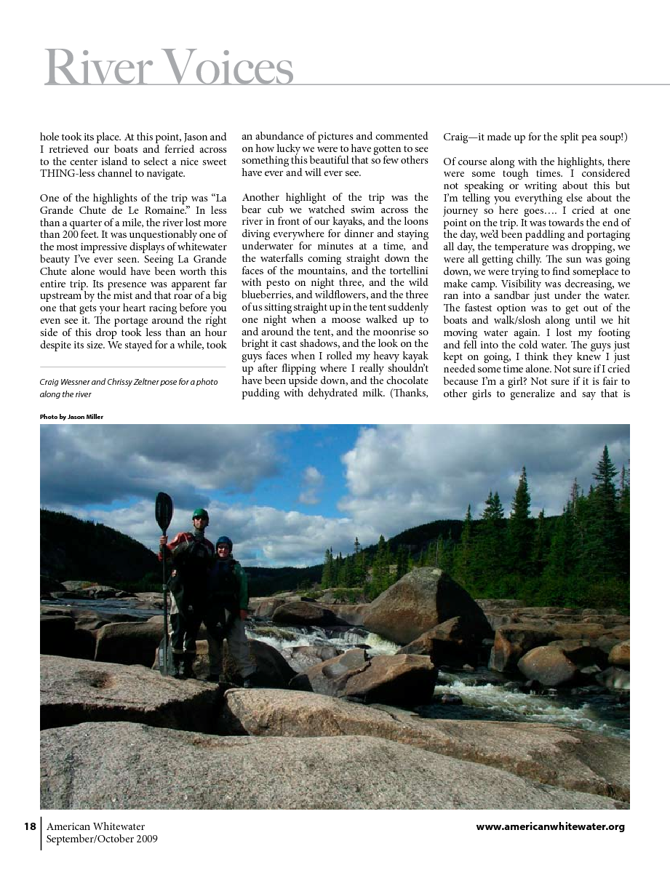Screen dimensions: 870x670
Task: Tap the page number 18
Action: [x=30, y=826]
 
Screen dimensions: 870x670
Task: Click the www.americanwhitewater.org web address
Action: [x=550, y=826]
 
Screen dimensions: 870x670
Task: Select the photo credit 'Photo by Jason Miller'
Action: [x=71, y=417]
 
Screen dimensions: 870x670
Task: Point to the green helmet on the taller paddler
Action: [x=200, y=514]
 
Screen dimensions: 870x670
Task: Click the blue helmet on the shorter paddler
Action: [x=224, y=542]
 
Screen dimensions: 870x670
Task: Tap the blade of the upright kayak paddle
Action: [x=164, y=511]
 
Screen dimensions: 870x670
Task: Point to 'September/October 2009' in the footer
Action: [x=102, y=839]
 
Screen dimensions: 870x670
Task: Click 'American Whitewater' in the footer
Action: [x=95, y=826]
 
